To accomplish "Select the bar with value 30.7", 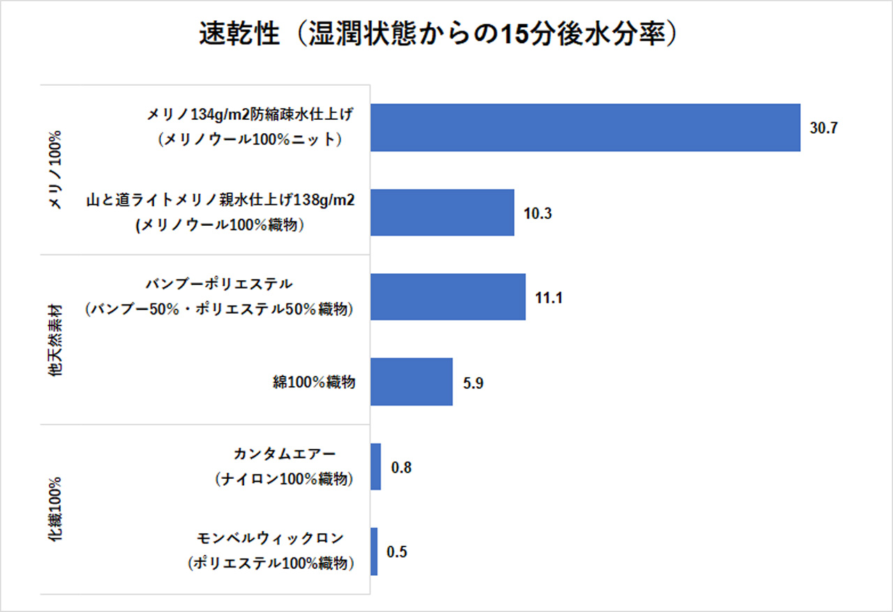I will click(585, 128).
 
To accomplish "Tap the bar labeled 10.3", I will click(442, 213).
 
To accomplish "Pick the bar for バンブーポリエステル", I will click(447, 297).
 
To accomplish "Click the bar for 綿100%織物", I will click(411, 382).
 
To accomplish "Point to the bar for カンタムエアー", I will click(375, 466).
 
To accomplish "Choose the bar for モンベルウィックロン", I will click(374, 551).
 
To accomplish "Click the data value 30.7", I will click(823, 128).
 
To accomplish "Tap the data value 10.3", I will click(538, 213).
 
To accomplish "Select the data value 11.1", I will click(548, 298).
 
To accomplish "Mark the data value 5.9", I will click(473, 383).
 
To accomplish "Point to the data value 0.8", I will click(401, 467).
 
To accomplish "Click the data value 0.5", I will click(397, 552).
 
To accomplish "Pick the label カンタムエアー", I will click(285, 454).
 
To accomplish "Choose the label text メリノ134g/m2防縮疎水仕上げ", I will click(250, 114).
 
